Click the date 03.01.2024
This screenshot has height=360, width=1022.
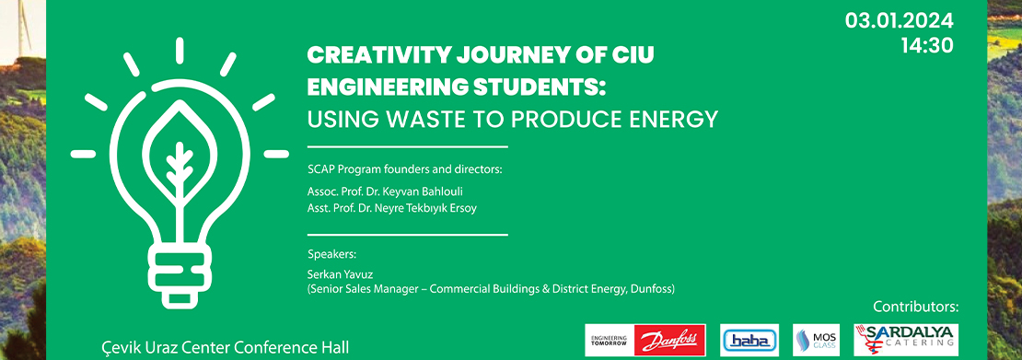coord(900,20)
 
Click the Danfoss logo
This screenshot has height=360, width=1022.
coord(645,340)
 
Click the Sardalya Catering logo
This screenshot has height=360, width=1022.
coord(906,339)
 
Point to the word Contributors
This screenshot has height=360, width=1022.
coord(915,306)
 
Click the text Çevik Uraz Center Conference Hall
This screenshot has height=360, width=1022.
coord(225,348)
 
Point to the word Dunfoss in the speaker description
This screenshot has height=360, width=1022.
coord(649,289)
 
